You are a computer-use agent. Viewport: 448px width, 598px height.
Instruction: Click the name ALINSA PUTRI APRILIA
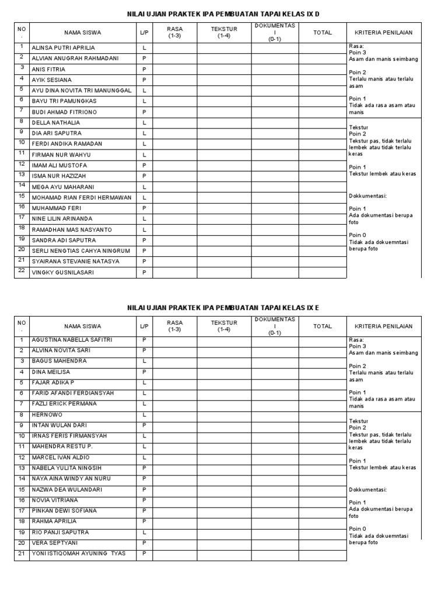click(63, 48)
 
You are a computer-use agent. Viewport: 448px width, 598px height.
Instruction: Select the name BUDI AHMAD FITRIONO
click(64, 112)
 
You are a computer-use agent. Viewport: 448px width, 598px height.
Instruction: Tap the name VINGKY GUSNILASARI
click(62, 273)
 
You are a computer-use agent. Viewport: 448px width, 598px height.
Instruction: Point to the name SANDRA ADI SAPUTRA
click(64, 241)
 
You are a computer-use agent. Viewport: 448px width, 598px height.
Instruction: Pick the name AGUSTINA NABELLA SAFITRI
click(72, 340)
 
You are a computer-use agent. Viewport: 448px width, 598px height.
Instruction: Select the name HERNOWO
click(47, 415)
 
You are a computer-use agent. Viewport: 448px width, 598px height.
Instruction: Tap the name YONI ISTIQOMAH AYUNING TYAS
click(78, 554)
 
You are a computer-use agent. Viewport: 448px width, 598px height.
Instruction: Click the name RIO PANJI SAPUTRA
click(60, 533)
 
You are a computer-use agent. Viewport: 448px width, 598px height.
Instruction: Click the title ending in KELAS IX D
click(223, 13)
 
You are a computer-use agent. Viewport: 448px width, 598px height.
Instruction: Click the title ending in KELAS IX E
click(223, 307)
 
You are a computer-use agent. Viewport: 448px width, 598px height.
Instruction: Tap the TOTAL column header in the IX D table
click(323, 33)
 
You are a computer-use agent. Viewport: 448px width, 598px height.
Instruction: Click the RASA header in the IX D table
click(174, 33)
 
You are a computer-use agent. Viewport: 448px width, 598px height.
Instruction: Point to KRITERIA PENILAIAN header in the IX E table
click(383, 326)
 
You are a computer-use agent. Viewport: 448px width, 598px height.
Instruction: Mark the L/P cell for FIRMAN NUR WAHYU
click(144, 155)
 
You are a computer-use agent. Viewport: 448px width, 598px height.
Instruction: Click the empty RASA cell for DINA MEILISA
click(174, 372)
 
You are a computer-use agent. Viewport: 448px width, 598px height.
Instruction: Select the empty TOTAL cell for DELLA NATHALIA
click(323, 123)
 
